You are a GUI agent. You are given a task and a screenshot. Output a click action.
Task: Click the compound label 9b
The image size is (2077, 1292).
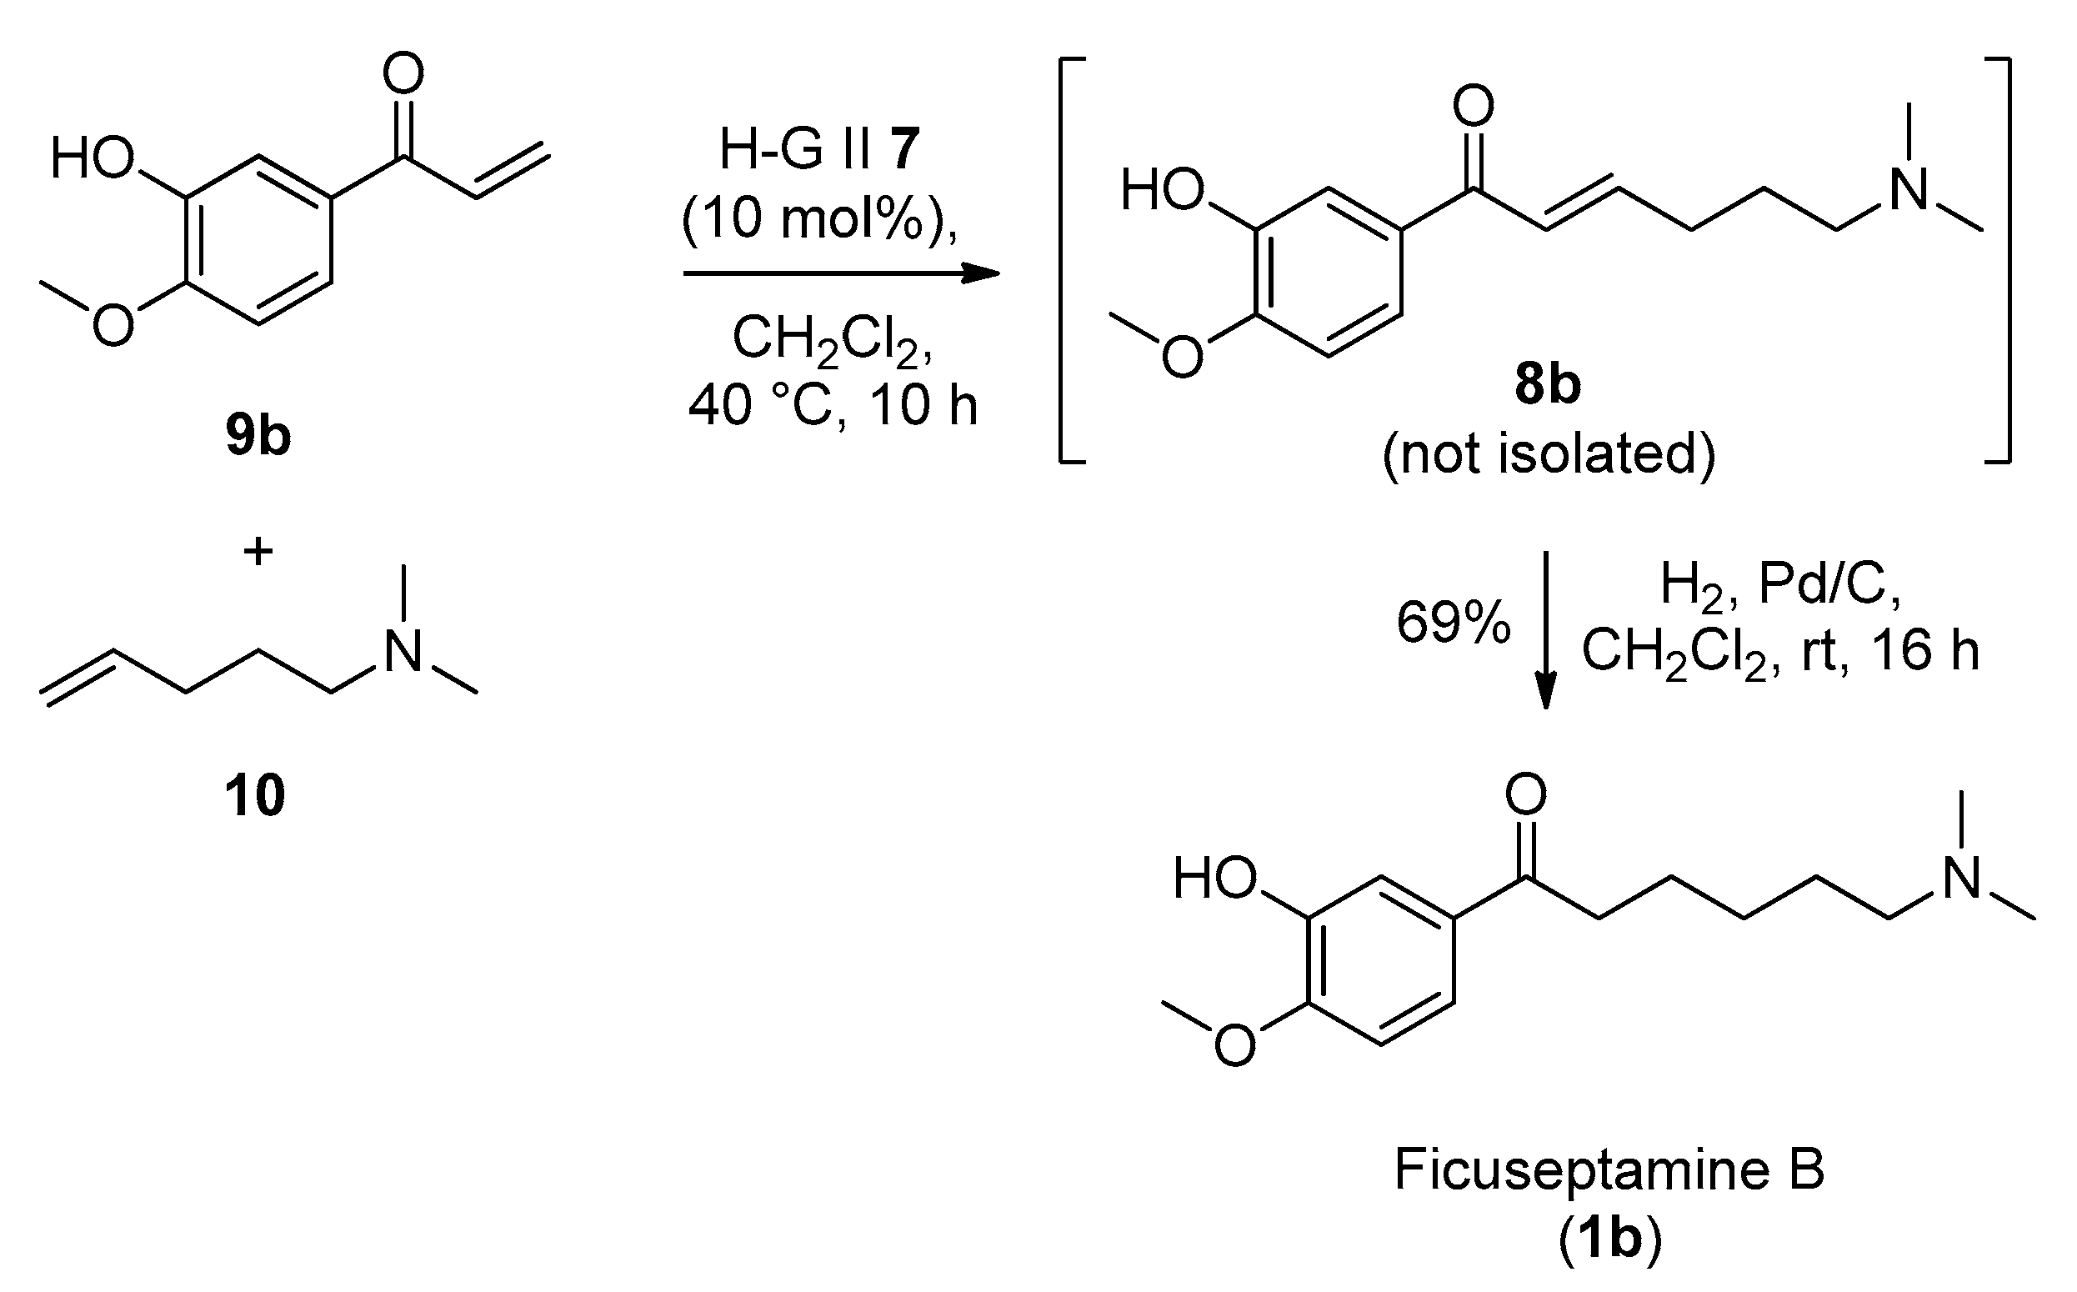pyautogui.click(x=258, y=436)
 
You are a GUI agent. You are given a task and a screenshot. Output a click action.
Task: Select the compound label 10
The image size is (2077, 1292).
pyautogui.click(x=254, y=795)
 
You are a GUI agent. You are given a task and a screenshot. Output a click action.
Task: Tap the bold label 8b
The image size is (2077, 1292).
pyautogui.click(x=1547, y=384)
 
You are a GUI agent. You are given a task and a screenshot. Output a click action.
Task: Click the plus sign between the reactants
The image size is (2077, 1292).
pyautogui.click(x=258, y=551)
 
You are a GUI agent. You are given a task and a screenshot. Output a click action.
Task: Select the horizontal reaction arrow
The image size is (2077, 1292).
pyautogui.click(x=841, y=273)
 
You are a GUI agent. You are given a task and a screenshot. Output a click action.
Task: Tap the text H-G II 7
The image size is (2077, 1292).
pyautogui.click(x=819, y=148)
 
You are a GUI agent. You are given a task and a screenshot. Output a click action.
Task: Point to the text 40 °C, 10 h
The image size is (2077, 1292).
pyautogui.click(x=833, y=405)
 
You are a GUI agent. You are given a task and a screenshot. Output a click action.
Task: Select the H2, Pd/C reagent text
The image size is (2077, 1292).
pyautogui.click(x=1780, y=586)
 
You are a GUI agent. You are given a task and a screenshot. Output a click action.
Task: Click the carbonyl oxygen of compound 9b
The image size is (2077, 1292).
pyautogui.click(x=403, y=73)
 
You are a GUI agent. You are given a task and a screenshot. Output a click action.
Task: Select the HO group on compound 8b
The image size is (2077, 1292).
pyautogui.click(x=1161, y=190)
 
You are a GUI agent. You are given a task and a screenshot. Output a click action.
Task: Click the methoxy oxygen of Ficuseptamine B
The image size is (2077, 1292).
pyautogui.click(x=1234, y=1044)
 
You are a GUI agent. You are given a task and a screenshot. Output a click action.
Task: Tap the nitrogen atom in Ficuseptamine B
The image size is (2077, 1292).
pyautogui.click(x=1962, y=879)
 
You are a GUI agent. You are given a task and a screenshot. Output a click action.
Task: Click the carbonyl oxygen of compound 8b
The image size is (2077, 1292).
pyautogui.click(x=1473, y=106)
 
